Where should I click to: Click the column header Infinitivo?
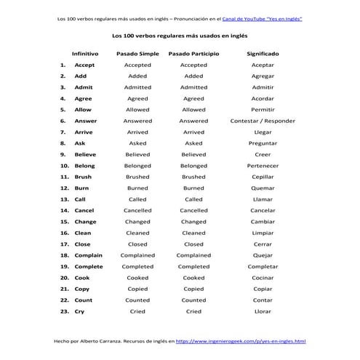click(85, 54)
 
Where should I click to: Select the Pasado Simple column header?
click(137, 54)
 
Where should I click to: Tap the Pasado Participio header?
click(193, 54)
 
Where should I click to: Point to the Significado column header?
click(263, 54)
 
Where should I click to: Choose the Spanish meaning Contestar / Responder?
click(263, 121)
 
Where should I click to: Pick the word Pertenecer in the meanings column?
click(263, 166)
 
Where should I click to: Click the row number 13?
click(63, 199)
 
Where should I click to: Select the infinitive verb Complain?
click(88, 255)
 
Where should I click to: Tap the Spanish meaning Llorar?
click(263, 311)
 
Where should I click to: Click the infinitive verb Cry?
click(79, 311)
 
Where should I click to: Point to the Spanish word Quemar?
click(263, 188)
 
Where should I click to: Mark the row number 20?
click(63, 278)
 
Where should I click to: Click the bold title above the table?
click(180, 34)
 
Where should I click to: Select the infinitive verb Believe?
click(85, 154)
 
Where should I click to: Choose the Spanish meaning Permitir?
click(263, 110)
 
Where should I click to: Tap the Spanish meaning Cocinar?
click(263, 278)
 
